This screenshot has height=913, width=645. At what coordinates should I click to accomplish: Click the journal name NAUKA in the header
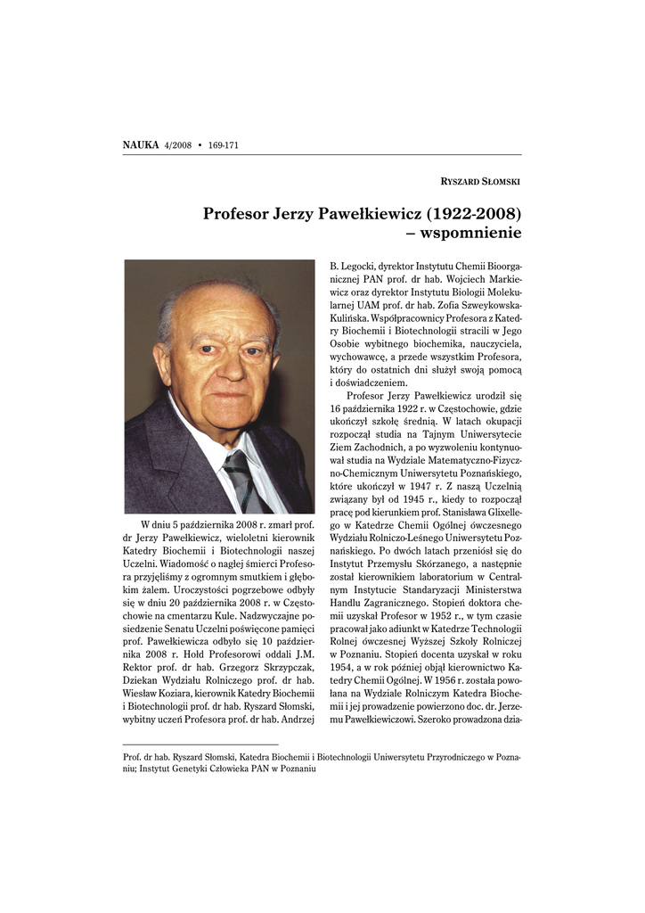[140, 144]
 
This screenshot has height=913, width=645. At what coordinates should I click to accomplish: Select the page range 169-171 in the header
[226, 144]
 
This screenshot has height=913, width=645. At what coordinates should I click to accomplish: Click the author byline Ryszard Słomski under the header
[481, 181]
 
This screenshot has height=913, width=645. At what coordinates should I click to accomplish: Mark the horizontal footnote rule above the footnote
[200, 744]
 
